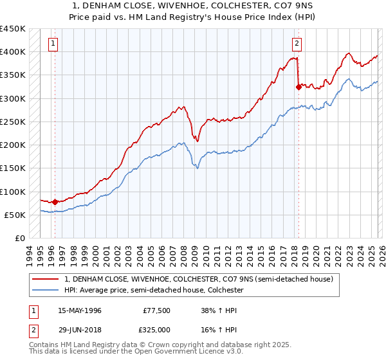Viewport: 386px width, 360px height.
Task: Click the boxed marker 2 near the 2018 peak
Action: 297,44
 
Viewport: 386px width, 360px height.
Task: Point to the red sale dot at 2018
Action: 299,87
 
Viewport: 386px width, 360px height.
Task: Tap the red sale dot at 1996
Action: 55,202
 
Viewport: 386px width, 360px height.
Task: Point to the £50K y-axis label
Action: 15,215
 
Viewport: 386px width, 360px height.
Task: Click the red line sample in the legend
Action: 46,280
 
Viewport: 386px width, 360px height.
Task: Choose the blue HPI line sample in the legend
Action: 46,291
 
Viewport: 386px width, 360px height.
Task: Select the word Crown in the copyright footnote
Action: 147,345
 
